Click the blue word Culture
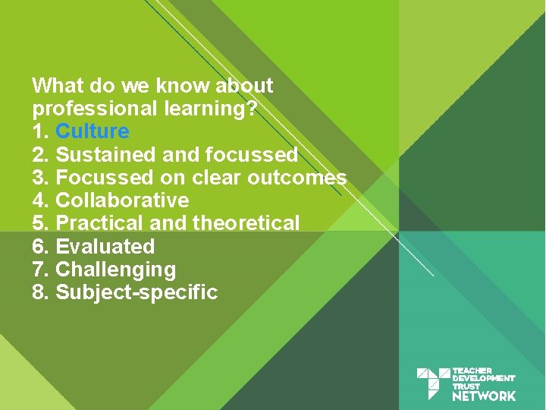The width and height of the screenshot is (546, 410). [x=93, y=131]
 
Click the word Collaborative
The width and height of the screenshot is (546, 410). [x=122, y=200]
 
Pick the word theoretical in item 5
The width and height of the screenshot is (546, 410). [x=246, y=223]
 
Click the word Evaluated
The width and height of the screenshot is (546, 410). [x=105, y=247]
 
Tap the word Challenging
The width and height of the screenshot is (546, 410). [x=115, y=270]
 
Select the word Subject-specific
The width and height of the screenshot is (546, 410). [x=136, y=292]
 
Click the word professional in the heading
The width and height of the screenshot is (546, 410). [x=96, y=109]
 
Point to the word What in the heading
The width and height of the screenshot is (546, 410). [x=54, y=85]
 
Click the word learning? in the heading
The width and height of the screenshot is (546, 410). [x=212, y=109]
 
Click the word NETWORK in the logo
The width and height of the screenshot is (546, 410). [x=484, y=396]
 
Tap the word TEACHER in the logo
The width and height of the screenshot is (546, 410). [x=472, y=371]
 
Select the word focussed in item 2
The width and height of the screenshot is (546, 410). [x=251, y=155]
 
